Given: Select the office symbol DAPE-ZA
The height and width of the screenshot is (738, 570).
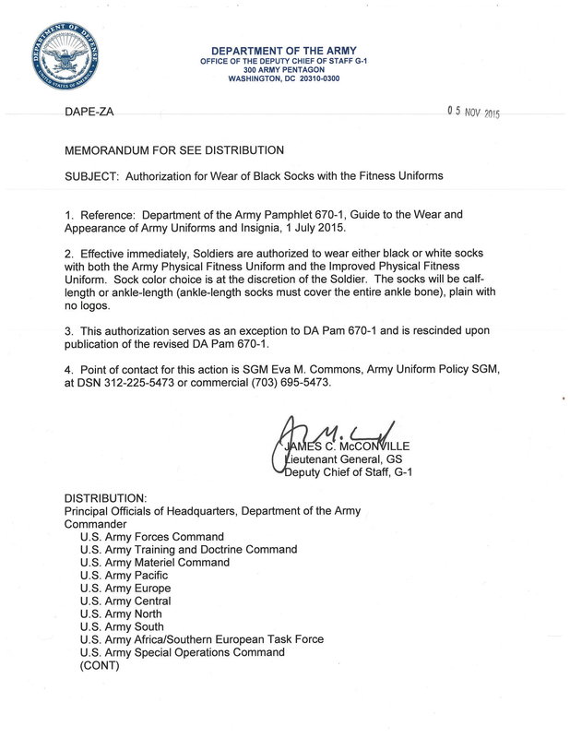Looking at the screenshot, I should pyautogui.click(x=89, y=111).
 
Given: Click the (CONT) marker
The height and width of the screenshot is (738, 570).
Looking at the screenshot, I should pyautogui.click(x=100, y=664).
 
